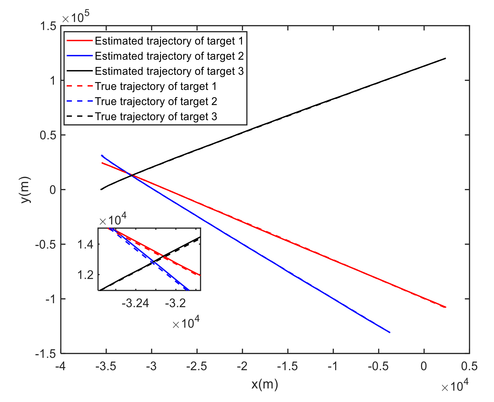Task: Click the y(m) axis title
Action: (x=26, y=190)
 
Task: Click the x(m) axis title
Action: (x=265, y=384)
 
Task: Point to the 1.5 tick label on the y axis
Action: (x=48, y=26)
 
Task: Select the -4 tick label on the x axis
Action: (x=61, y=367)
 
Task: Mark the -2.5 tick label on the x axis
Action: (x=197, y=367)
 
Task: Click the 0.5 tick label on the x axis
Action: (x=469, y=367)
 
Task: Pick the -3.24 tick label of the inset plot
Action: (x=135, y=304)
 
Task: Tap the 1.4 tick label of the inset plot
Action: (x=85, y=244)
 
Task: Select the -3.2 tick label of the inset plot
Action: (x=175, y=304)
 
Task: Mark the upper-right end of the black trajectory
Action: (x=445, y=58)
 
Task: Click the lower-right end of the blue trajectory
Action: (x=390, y=332)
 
